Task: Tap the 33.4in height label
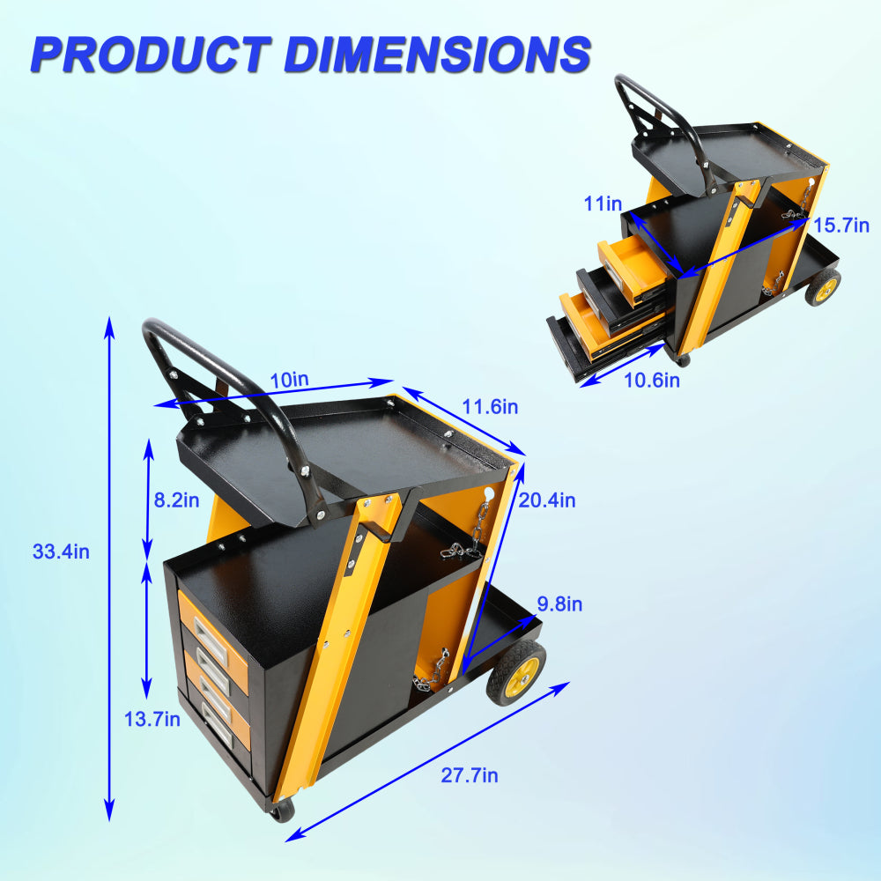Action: tap(61, 552)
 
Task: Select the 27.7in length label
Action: tap(470, 775)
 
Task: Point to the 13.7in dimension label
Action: tap(152, 720)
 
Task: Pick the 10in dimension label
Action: tap(290, 381)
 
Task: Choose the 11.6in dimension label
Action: tap(490, 407)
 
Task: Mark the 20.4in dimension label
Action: tap(547, 500)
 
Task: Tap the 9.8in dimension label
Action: tap(559, 604)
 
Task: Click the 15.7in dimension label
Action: tap(840, 225)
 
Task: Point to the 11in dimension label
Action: tap(603, 204)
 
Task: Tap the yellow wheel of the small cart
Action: tap(824, 287)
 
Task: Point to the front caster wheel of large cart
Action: tap(281, 811)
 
